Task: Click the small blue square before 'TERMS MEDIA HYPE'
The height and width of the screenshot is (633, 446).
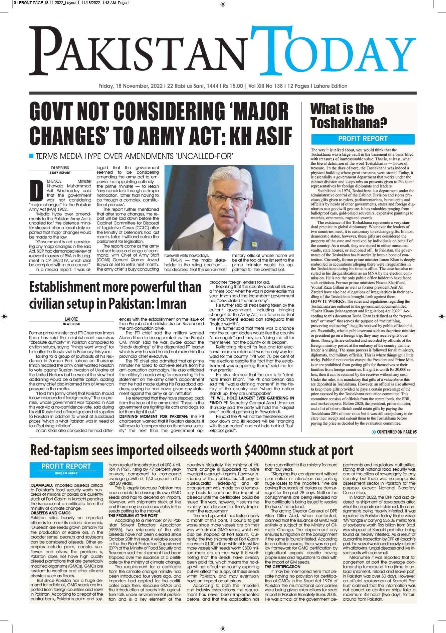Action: tap(31, 156)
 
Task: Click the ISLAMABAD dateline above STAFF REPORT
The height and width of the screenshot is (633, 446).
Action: tap(60, 167)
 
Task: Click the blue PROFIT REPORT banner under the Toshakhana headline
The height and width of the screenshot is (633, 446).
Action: tap(363, 139)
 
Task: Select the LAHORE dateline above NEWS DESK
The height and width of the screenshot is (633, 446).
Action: tap(71, 319)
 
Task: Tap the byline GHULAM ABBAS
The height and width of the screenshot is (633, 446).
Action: tap(66, 474)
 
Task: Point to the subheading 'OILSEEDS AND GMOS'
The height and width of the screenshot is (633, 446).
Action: tap(50, 513)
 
